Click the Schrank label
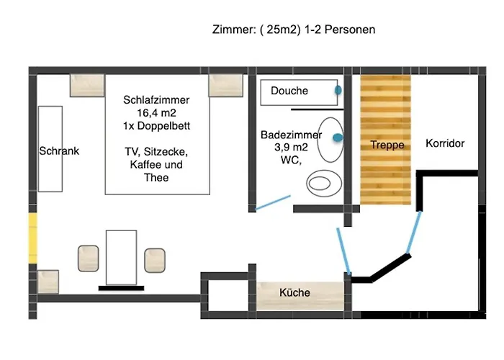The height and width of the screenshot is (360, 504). click(59, 150)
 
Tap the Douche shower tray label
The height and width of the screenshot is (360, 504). click(289, 91)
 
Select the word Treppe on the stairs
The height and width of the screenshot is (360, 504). click(387, 145)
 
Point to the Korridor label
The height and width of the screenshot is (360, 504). click(445, 143)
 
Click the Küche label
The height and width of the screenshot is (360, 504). click(294, 292)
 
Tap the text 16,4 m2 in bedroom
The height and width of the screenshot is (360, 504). click(156, 113)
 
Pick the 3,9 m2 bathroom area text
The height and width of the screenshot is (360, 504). click(291, 147)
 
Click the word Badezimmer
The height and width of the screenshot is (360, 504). click(291, 135)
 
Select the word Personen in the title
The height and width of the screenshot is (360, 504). click(350, 30)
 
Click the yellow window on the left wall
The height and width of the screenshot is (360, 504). click(33, 238)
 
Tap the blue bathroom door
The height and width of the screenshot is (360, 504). click(273, 203)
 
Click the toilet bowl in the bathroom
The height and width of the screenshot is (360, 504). click(324, 183)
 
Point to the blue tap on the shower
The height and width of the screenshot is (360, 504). click(338, 90)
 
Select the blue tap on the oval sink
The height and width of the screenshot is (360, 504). click(338, 138)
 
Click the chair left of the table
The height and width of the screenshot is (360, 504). click(89, 258)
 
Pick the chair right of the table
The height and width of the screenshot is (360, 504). click(155, 261)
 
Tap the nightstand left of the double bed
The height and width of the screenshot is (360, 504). click(87, 86)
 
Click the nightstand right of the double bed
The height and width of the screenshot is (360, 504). click(225, 86)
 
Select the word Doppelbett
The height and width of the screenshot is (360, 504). click(163, 126)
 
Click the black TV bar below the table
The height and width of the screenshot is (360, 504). click(121, 288)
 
